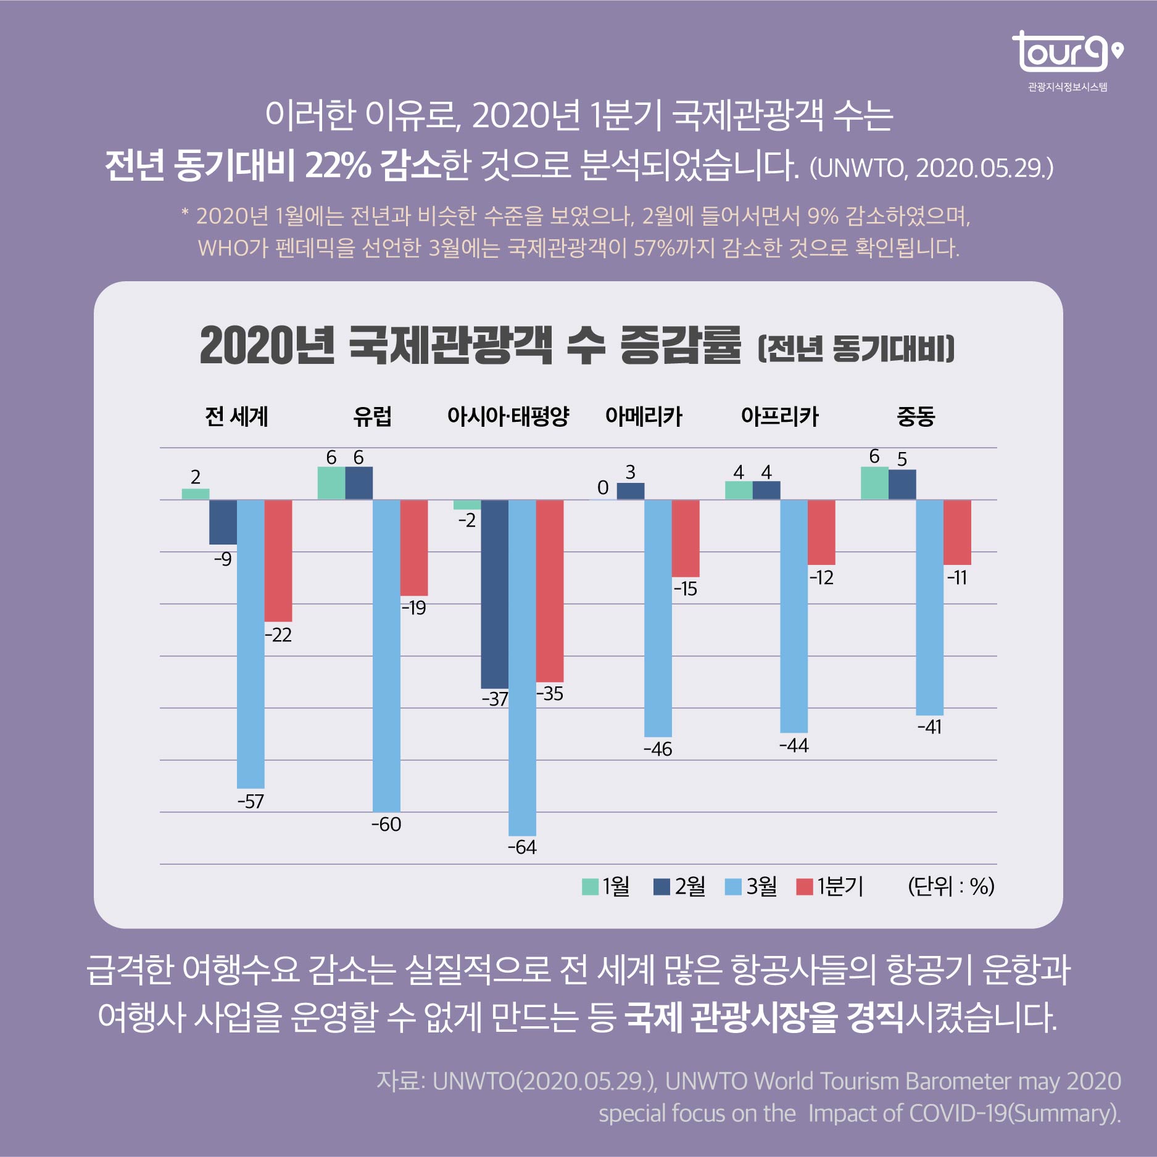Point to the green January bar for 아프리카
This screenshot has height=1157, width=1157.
pyautogui.click(x=739, y=490)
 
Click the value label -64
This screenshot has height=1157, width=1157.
pyautogui.click(x=522, y=847)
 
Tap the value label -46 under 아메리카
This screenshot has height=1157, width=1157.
pyautogui.click(x=658, y=749)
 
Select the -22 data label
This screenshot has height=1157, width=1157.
pyautogui.click(x=278, y=635)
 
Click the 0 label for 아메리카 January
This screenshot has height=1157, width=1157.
pyautogui.click(x=603, y=488)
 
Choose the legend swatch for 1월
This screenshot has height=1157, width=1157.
pyautogui.click(x=590, y=887)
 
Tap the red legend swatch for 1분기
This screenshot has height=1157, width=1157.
pyautogui.click(x=805, y=887)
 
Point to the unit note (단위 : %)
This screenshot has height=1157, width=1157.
pyautogui.click(x=951, y=886)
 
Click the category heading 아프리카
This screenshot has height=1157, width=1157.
pyautogui.click(x=779, y=416)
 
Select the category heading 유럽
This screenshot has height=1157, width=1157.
pyautogui.click(x=372, y=416)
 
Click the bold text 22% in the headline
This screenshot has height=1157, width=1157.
pyautogui.click(x=338, y=165)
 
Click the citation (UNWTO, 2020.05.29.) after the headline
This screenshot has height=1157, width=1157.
pyautogui.click(x=931, y=168)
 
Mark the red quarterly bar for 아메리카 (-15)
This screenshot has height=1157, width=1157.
pyautogui.click(x=686, y=538)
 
